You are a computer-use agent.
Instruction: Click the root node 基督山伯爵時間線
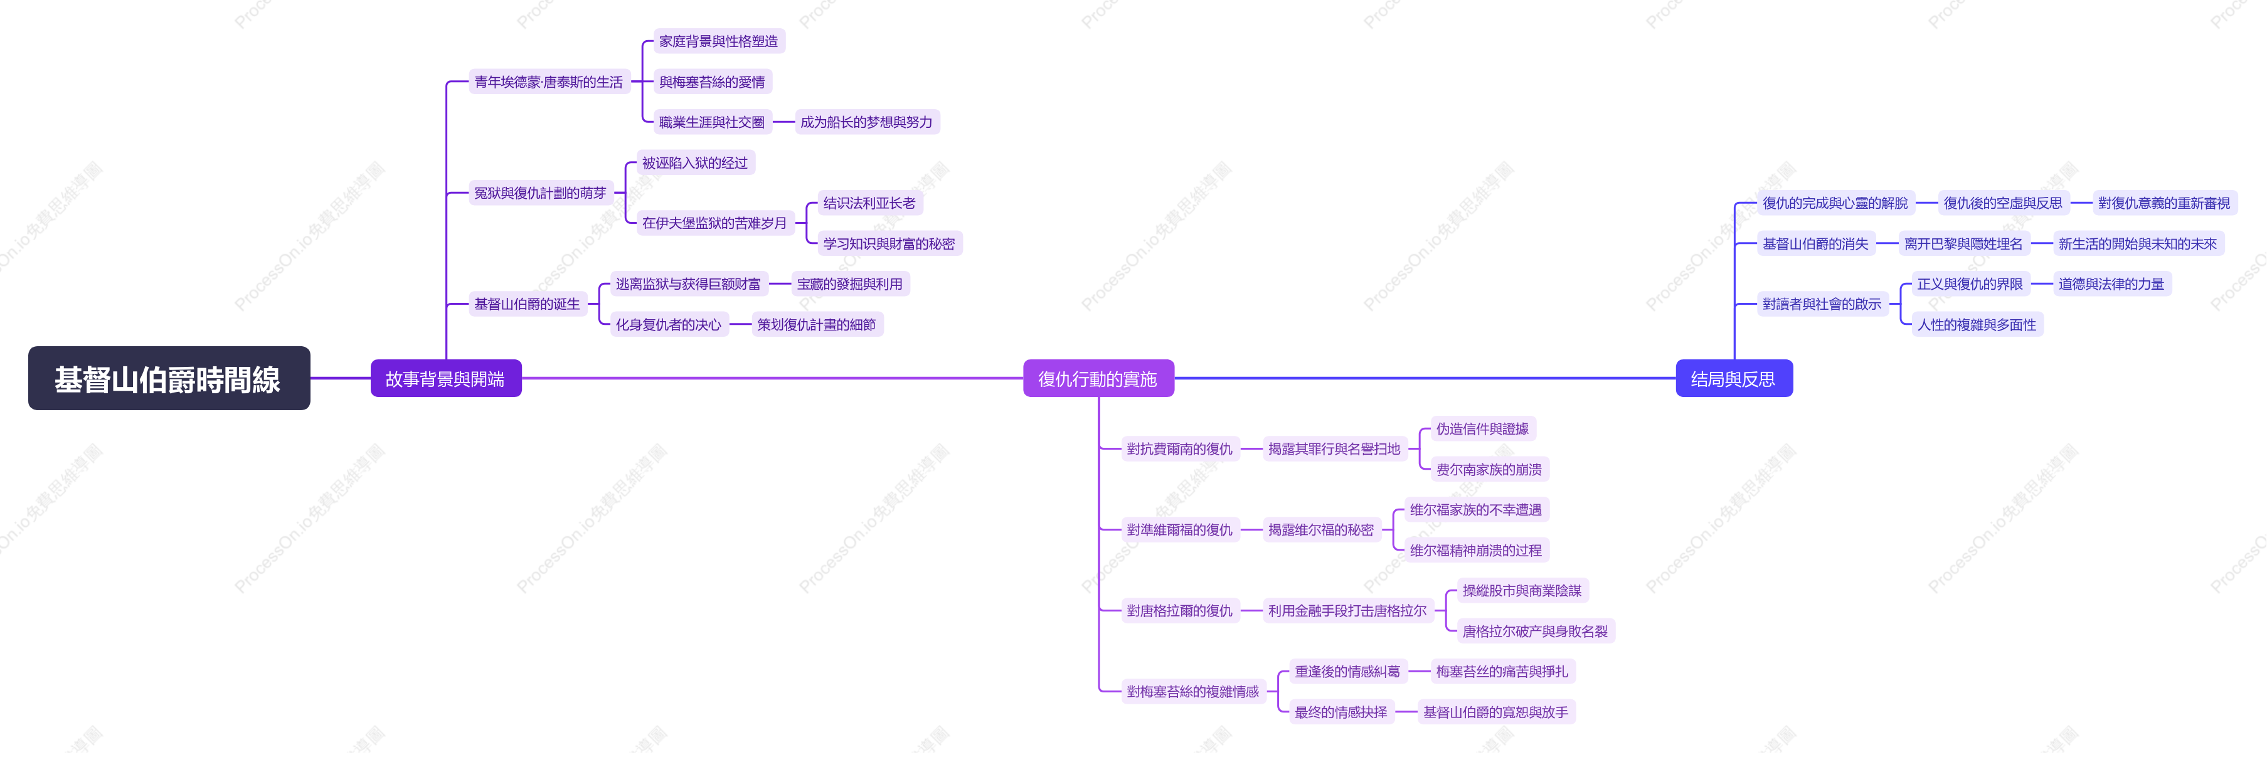click(x=169, y=378)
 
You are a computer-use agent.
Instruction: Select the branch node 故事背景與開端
click(x=445, y=378)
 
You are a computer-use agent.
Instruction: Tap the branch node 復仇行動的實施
click(x=1098, y=378)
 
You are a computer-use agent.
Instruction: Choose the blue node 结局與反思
click(x=1734, y=378)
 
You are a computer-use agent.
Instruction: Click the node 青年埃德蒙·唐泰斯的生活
click(x=549, y=82)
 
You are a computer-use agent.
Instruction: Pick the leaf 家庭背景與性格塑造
click(x=719, y=41)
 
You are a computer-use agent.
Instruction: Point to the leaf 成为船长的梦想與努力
click(x=867, y=122)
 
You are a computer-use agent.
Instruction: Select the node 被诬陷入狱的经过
click(x=695, y=163)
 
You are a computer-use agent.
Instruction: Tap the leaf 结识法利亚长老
click(x=869, y=203)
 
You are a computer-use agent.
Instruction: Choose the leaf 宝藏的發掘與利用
click(x=850, y=284)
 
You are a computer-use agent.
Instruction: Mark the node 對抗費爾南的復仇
click(x=1180, y=450)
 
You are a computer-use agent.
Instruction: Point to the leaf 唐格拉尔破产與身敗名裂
click(x=1536, y=632)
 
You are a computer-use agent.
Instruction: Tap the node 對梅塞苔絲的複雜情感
click(x=1193, y=692)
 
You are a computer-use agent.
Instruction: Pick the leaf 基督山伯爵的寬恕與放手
click(x=1496, y=712)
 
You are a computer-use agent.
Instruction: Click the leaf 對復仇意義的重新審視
click(x=2165, y=203)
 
